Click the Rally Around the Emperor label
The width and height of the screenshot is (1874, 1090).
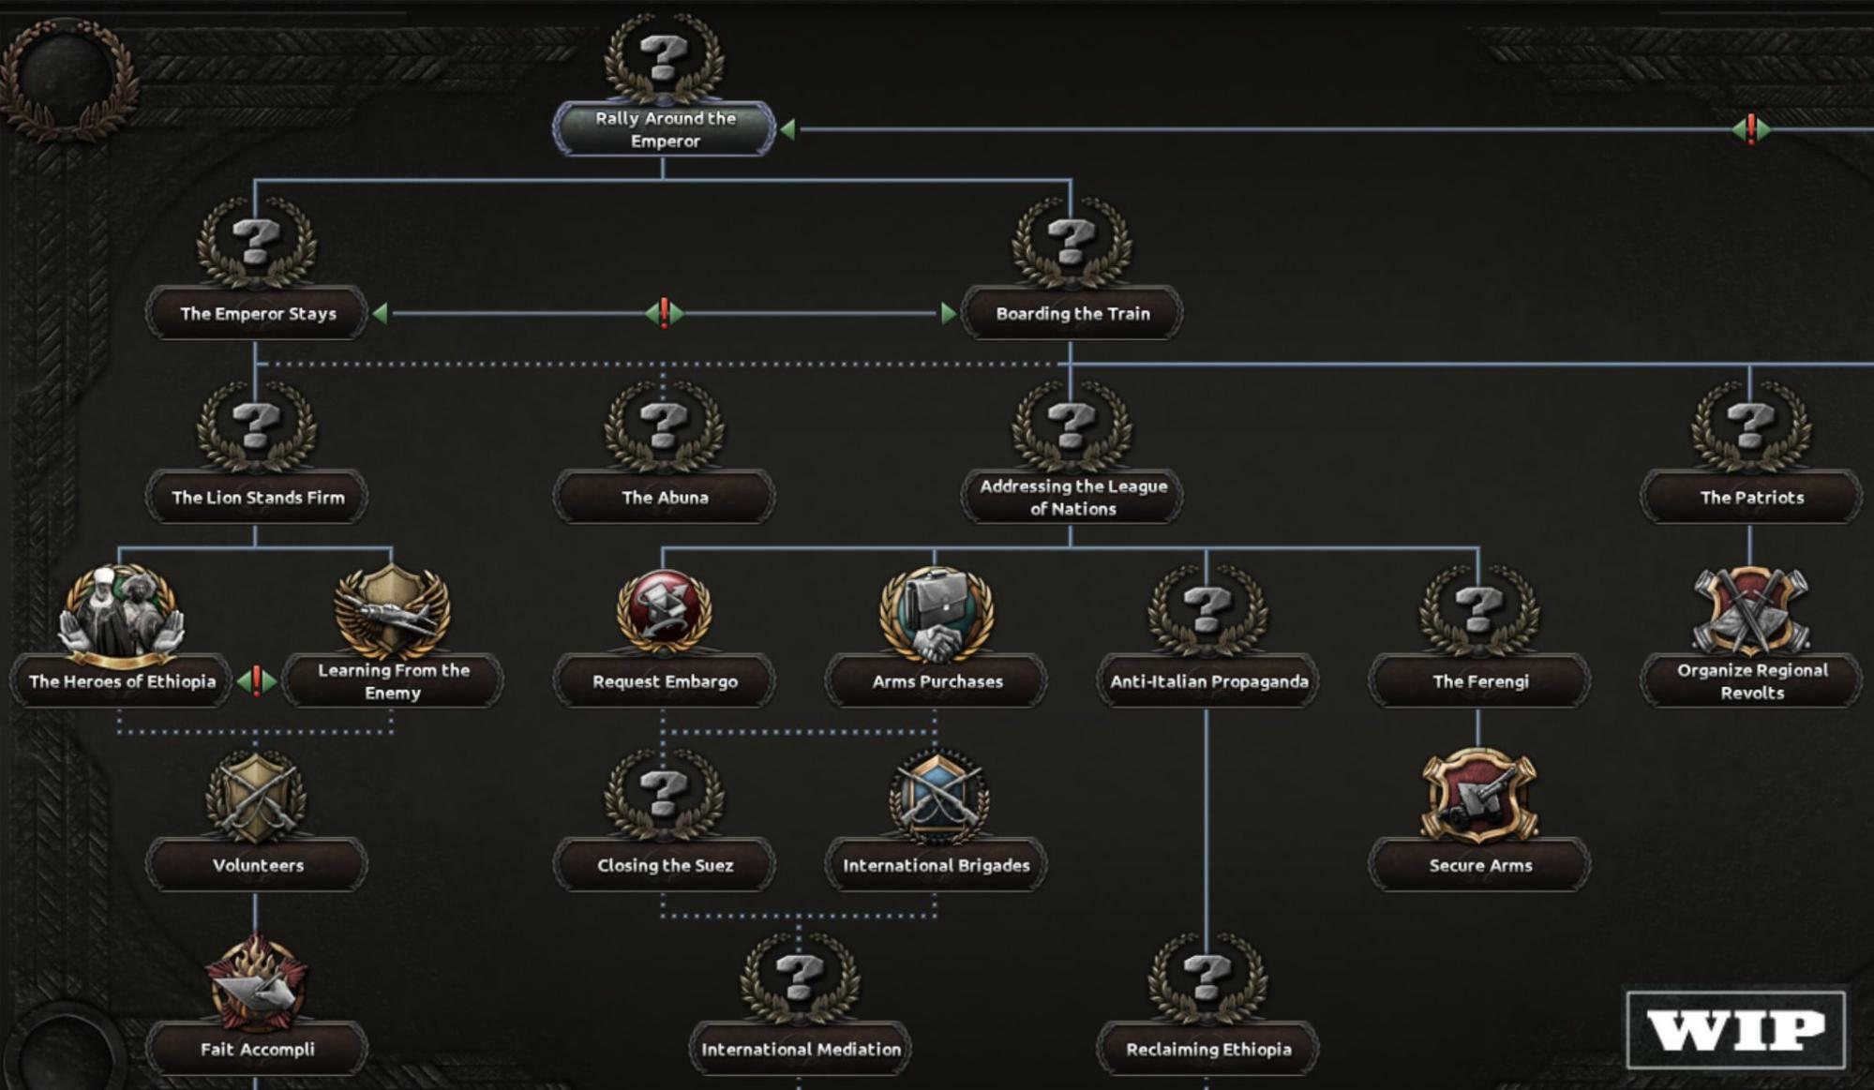665,129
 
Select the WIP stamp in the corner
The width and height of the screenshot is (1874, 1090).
1735,1030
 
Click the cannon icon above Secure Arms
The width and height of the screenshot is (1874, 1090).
1479,795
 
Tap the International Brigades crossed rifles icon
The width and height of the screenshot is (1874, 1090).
937,795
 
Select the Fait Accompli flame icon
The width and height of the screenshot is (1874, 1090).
256,979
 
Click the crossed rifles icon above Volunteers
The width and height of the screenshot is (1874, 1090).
256,795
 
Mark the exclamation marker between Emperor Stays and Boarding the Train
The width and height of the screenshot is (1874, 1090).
664,313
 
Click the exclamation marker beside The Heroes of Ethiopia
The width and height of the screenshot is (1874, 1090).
256,681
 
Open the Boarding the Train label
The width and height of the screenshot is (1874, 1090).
1072,314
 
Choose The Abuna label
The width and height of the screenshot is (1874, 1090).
665,498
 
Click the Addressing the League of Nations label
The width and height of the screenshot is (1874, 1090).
1072,498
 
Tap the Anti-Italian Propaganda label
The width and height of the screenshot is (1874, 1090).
1208,681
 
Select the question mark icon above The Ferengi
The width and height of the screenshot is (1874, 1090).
1479,608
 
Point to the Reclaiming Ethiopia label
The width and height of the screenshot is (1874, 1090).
1208,1050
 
